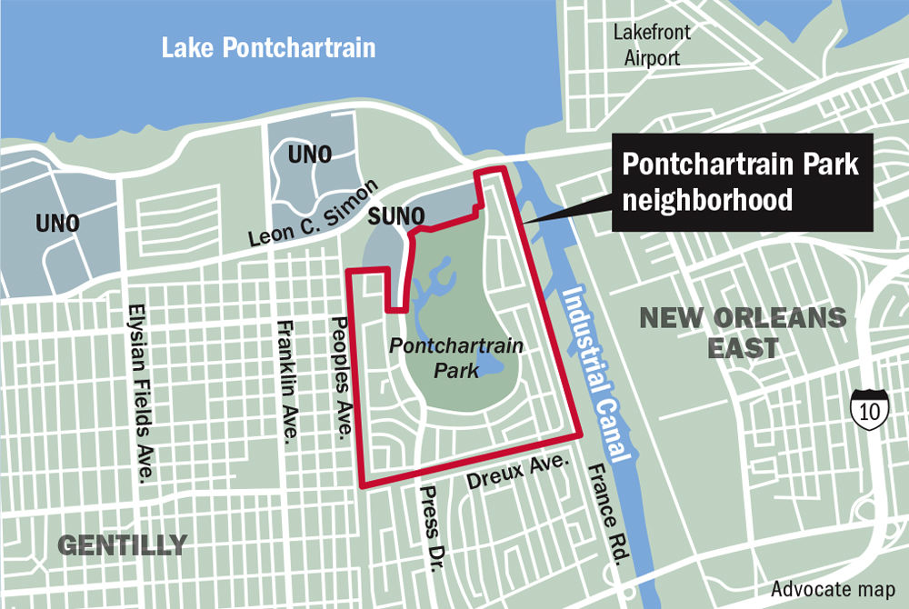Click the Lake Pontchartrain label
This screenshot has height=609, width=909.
pos(268,47)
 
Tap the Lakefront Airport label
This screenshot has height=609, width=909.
pos(652,43)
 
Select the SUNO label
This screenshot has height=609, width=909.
pos(397,216)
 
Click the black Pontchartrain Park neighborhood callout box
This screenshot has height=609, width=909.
pos(742,183)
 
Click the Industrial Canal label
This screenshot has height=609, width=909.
pos(597,374)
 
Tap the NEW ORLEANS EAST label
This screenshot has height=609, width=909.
pos(743,333)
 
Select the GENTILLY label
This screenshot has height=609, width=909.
pos(123,545)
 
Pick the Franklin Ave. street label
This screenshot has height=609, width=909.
pos(286,382)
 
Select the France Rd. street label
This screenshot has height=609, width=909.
pos(604,513)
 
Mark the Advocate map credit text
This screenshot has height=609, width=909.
pos(834,586)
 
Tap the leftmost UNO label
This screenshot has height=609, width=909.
pos(56,223)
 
